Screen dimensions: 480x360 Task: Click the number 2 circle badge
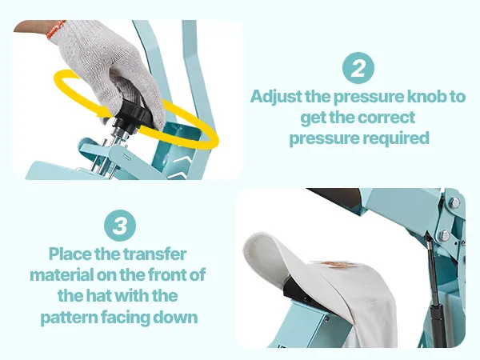(358, 68)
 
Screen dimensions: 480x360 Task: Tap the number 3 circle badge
(120, 226)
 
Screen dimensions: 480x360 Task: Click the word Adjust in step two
(277, 97)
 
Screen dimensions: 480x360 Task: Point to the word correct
(386, 118)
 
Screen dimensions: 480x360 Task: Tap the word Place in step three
(70, 254)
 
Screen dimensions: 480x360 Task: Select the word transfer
(154, 254)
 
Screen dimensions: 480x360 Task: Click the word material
(62, 274)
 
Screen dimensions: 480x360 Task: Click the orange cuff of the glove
(56, 29)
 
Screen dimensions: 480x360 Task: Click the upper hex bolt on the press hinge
(454, 202)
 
